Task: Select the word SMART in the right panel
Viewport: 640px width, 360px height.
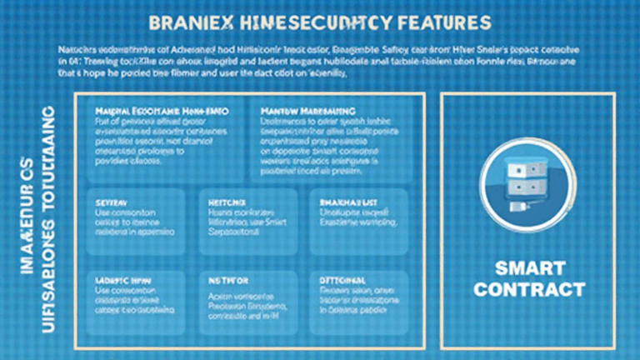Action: click(x=530, y=268)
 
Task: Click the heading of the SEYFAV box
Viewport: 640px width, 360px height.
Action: click(x=112, y=202)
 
